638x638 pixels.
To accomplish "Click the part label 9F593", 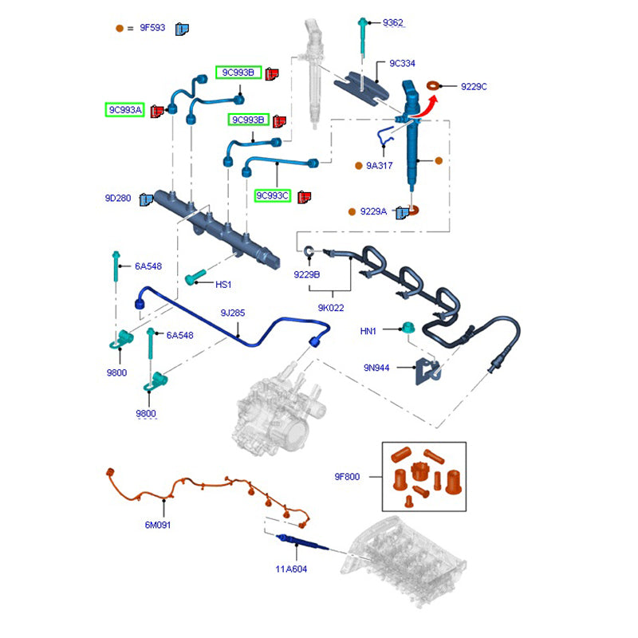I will pos(152,29).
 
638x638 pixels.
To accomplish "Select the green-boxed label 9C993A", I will pos(125,109).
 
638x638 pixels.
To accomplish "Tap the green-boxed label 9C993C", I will pos(273,195).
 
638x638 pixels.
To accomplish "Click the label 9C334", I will pos(402,63).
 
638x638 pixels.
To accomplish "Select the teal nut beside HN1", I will pos(408,328).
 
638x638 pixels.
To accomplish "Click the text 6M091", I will pos(157,525).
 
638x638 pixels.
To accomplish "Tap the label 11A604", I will pos(291,569).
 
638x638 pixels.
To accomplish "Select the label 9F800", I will pos(347,477).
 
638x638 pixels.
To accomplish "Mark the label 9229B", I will pos(306,274).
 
